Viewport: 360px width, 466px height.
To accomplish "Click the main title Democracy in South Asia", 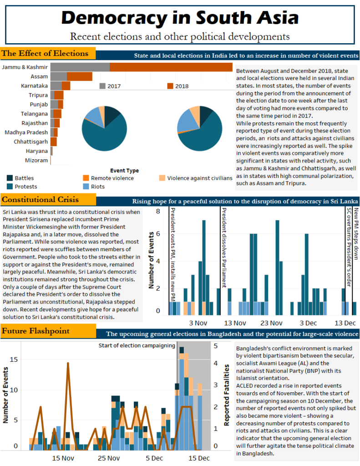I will tap(180, 18).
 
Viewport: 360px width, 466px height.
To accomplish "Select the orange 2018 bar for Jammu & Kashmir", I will tap(171, 67).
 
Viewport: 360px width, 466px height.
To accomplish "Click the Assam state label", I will tap(39, 76).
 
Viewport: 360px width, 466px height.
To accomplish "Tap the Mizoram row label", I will tap(36, 160).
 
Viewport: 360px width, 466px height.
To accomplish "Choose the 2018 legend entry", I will tap(177, 86).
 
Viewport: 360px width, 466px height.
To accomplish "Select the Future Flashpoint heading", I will tap(35, 331).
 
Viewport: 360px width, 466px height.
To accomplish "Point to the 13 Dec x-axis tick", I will tap(345, 323).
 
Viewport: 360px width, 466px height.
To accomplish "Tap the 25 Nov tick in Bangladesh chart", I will tap(108, 458).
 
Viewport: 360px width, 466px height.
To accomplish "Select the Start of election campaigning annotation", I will tap(137, 345).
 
